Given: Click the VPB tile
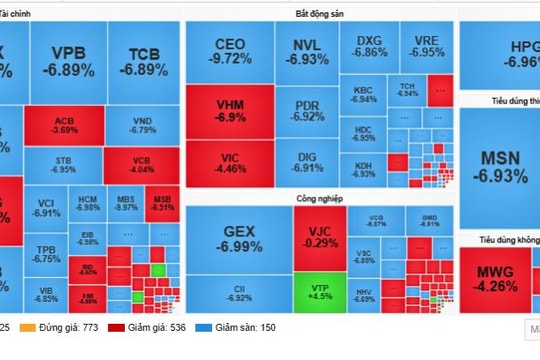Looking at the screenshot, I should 68,61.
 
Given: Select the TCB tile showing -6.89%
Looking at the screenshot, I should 145,61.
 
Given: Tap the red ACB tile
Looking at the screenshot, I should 65,124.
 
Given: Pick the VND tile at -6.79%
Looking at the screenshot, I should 143,124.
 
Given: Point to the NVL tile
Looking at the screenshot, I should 307,51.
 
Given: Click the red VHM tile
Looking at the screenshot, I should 231,111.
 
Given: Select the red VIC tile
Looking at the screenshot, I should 231,163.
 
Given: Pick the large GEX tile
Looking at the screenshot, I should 239,238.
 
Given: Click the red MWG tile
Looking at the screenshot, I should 496,277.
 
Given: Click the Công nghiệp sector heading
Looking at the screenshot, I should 319,199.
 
